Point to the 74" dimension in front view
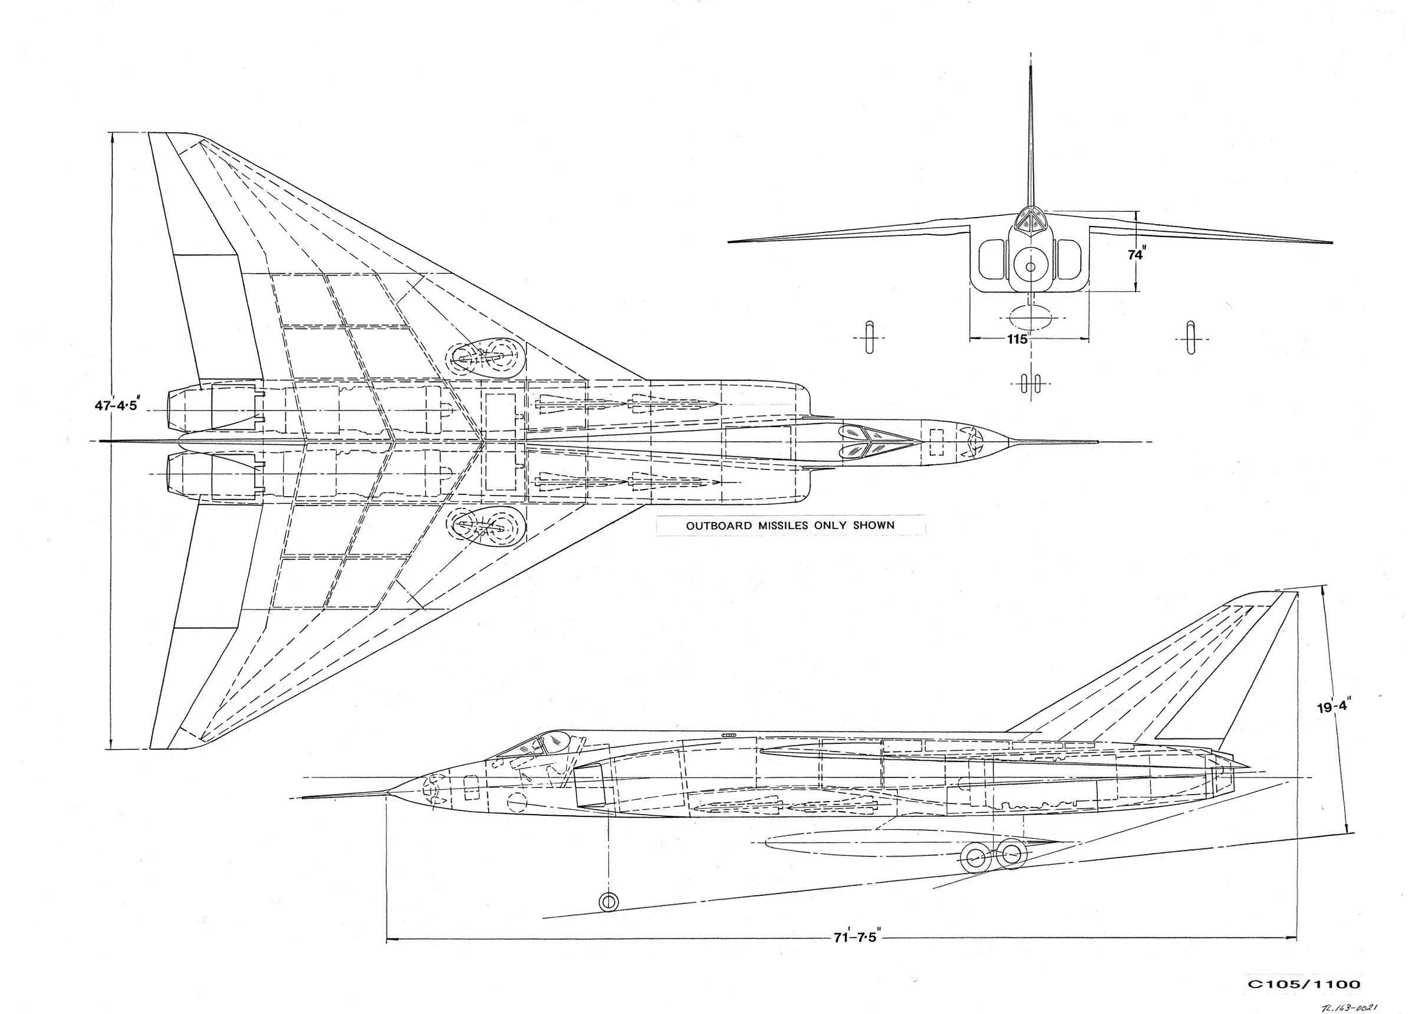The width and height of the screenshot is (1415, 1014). (x=1136, y=255)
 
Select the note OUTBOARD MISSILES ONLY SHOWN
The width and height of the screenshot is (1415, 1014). (x=790, y=526)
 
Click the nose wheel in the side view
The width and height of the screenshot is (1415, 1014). (x=608, y=901)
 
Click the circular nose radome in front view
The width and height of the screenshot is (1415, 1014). (x=1030, y=267)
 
